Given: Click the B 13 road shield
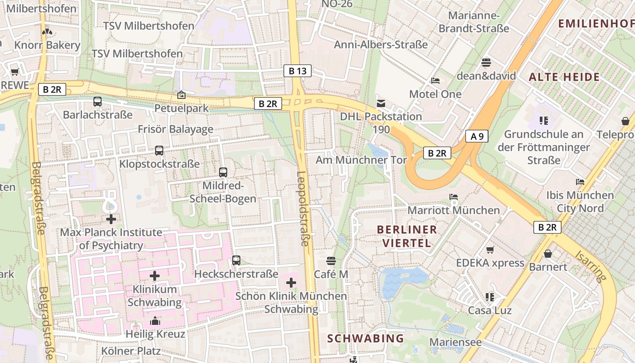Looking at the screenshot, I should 298,71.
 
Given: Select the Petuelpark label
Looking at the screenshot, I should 181,108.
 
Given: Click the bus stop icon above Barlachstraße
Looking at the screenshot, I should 98,102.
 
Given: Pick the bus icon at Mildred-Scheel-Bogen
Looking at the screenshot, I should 223,172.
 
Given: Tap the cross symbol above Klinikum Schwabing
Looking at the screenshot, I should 155,276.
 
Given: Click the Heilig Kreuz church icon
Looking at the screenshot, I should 155,321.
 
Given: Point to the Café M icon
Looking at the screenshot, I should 331,261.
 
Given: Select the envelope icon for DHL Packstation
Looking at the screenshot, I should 381,103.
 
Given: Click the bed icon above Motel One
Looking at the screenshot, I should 435,81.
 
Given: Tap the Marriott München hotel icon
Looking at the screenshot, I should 453,197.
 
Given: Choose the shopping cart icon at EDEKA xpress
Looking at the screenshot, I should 490,250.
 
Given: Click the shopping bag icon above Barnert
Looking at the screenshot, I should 548,254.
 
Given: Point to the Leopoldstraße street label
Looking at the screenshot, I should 303,209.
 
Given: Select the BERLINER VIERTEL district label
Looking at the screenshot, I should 407,236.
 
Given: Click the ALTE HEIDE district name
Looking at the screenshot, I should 564,77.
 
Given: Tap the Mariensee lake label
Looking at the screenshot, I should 455,342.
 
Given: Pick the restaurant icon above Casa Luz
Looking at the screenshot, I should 489,297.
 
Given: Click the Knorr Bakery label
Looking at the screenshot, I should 47,45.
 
